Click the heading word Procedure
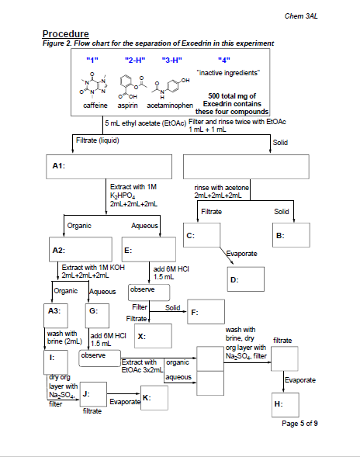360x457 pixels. (66, 33)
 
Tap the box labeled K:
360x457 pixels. (156, 397)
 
